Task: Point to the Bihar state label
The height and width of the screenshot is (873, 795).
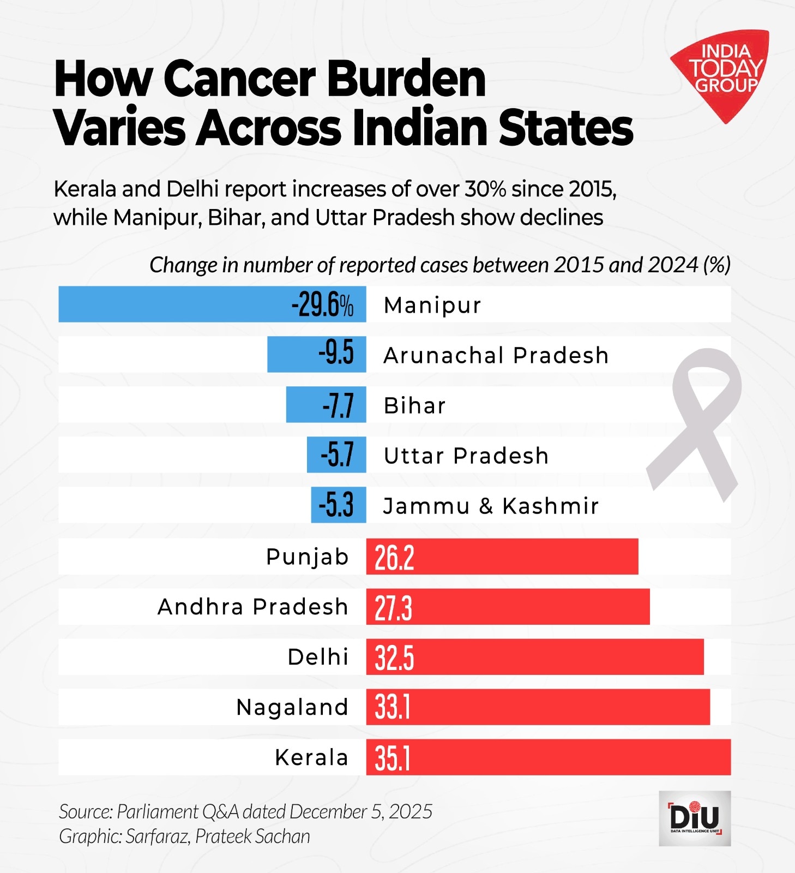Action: tap(414, 406)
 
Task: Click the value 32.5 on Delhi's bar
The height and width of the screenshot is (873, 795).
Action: tap(394, 658)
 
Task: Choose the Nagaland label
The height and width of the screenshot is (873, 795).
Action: tap(292, 707)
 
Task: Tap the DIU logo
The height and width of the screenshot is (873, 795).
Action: tap(694, 818)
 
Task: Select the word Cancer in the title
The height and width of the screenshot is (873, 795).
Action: tap(240, 79)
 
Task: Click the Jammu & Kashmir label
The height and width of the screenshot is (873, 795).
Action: tap(491, 506)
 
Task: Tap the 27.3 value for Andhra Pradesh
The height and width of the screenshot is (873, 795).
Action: tap(393, 608)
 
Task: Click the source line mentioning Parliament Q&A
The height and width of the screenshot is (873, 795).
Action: tap(245, 812)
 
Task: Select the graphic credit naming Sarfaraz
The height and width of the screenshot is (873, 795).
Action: tap(184, 836)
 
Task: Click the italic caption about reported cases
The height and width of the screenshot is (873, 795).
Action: tap(439, 265)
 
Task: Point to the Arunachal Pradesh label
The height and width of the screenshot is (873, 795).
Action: tap(496, 356)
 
